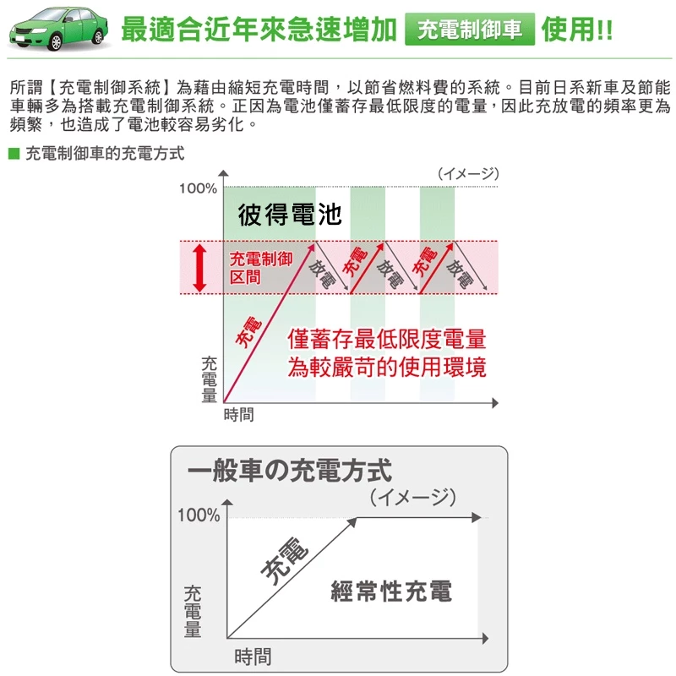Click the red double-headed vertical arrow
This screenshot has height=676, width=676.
[200, 268]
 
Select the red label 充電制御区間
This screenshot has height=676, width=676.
[261, 267]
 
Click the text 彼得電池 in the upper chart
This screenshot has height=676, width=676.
[290, 215]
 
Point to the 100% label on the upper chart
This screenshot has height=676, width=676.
[198, 188]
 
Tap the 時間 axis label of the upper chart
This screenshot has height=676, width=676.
[238, 415]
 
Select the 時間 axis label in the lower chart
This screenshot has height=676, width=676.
[253, 656]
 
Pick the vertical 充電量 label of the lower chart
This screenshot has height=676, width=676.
[193, 610]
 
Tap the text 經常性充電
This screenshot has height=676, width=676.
[390, 591]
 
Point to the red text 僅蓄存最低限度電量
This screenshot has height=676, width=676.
[387, 340]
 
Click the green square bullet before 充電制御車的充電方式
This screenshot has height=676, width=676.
[13, 155]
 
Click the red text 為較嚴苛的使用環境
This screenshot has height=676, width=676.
[387, 368]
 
